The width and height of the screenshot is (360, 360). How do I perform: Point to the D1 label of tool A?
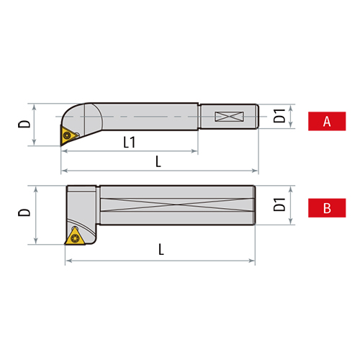(x=281, y=115)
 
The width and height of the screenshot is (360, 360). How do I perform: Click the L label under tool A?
(x=158, y=161)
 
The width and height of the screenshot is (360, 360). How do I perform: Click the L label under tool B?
(x=161, y=250)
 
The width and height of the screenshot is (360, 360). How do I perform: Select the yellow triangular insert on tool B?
(x=75, y=238)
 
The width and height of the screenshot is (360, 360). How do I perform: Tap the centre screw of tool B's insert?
(x=75, y=238)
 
